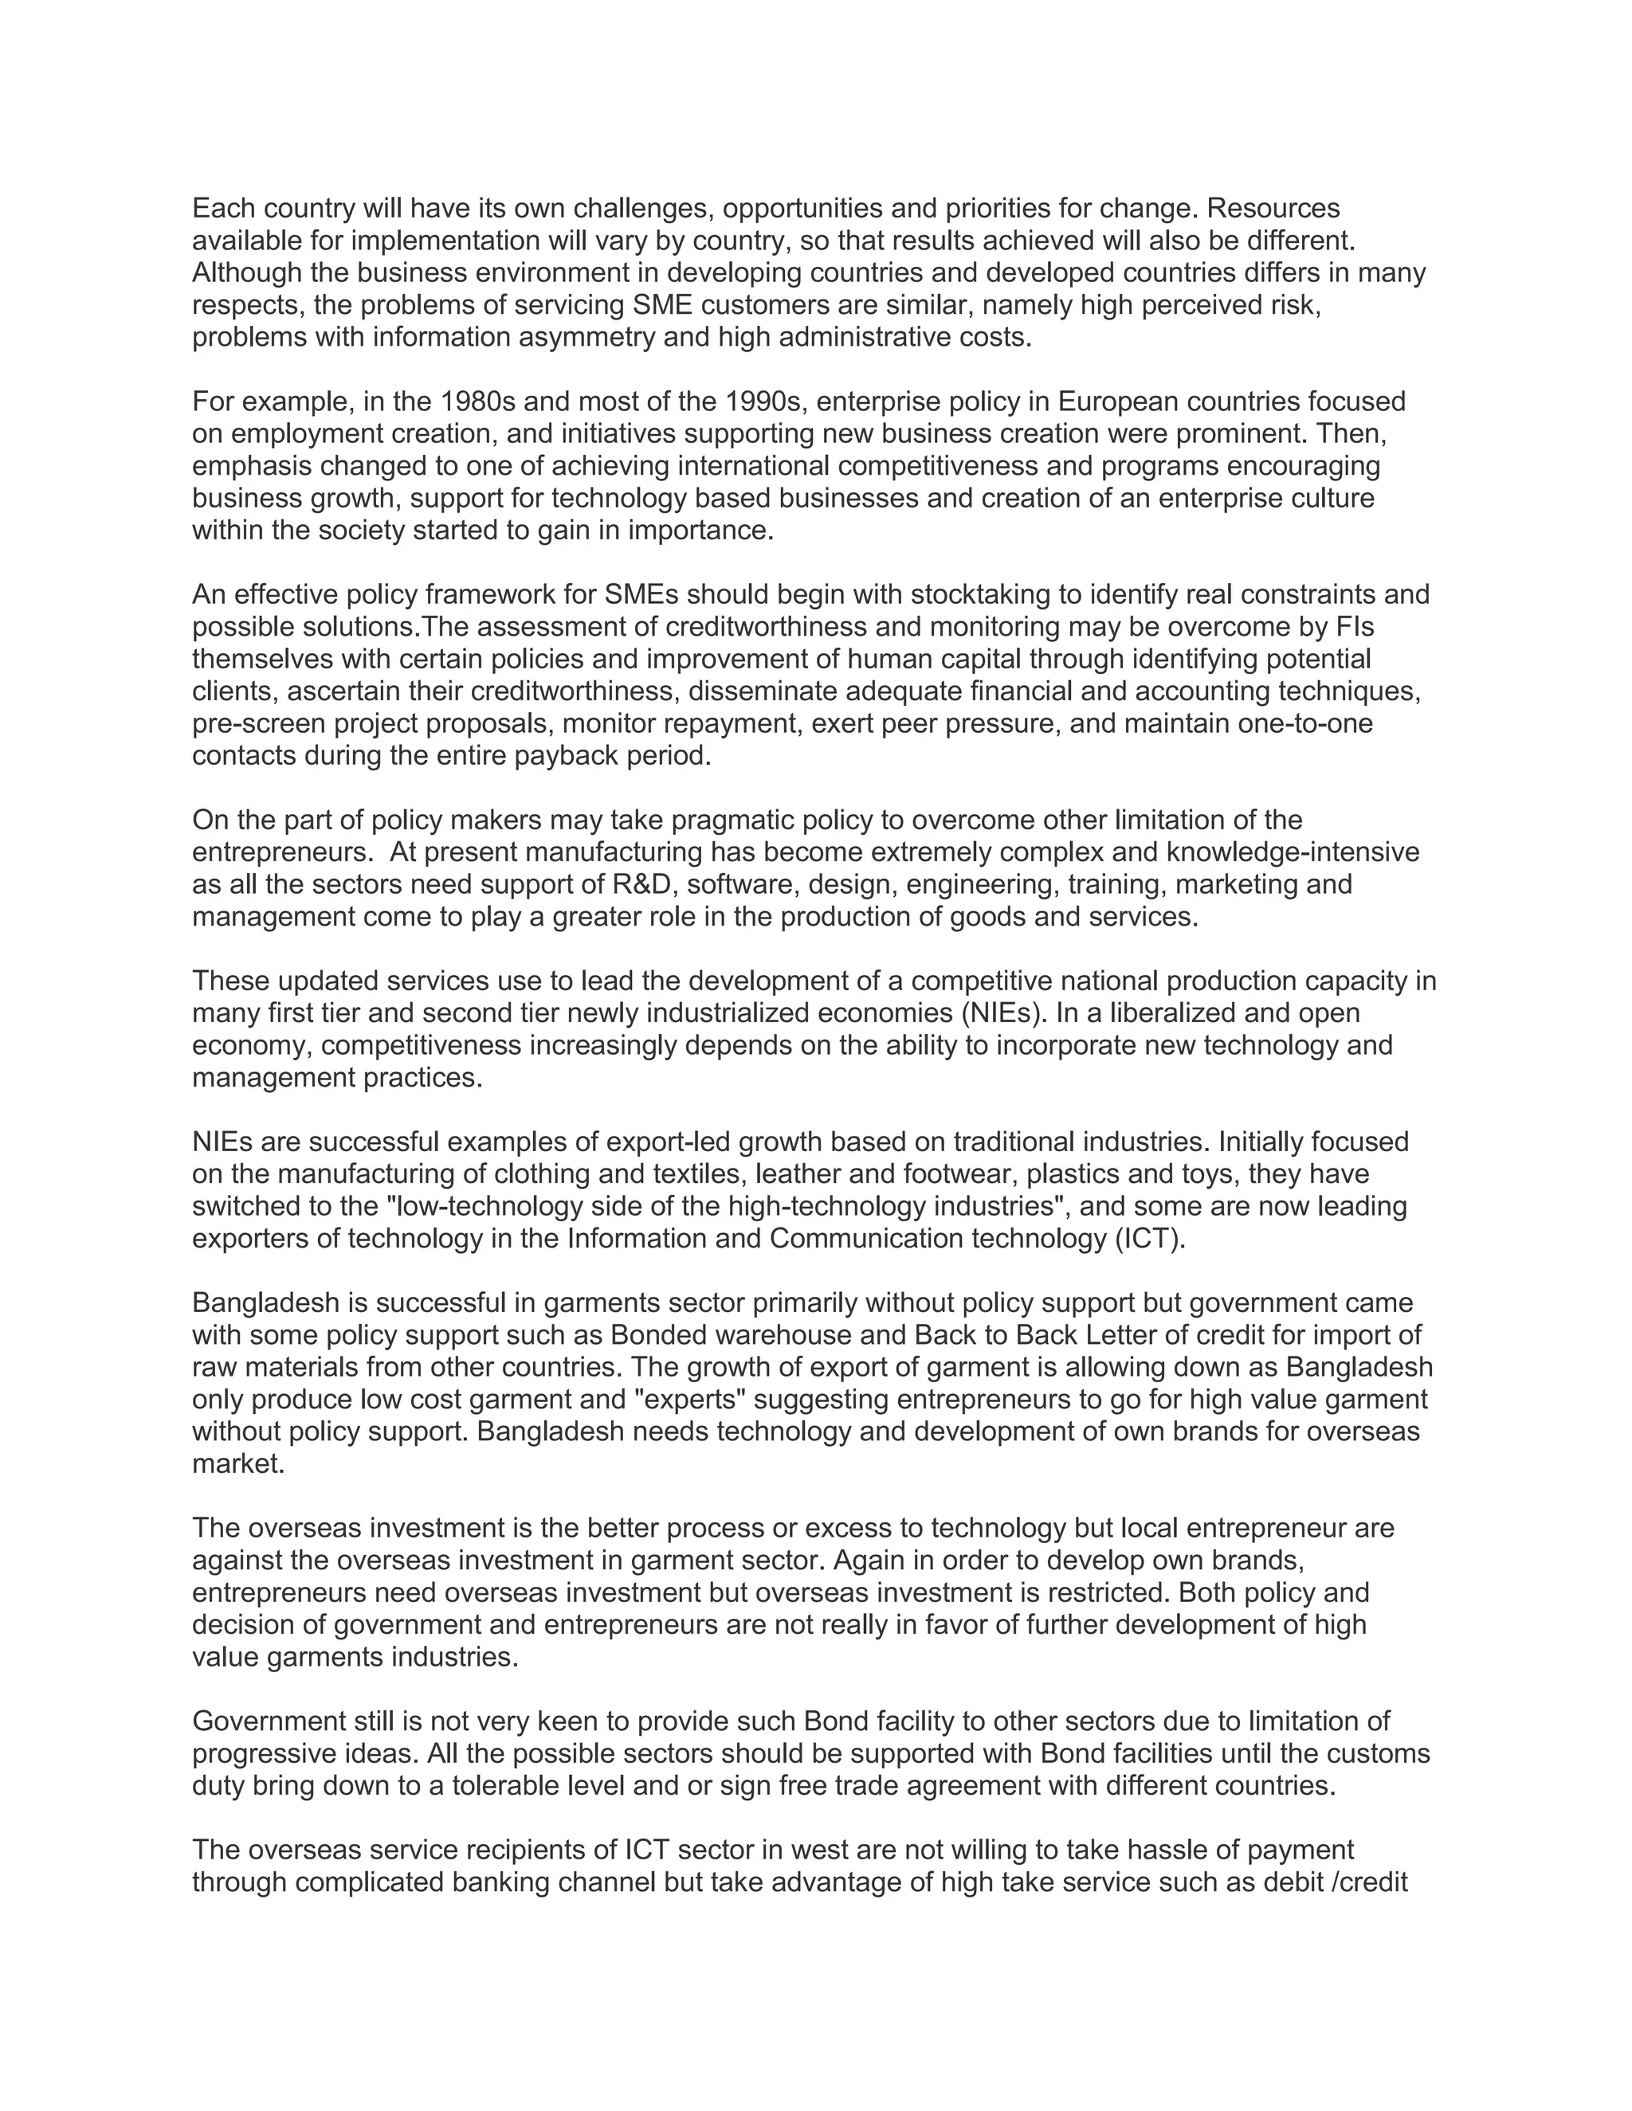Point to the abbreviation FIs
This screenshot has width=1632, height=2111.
1355,627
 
